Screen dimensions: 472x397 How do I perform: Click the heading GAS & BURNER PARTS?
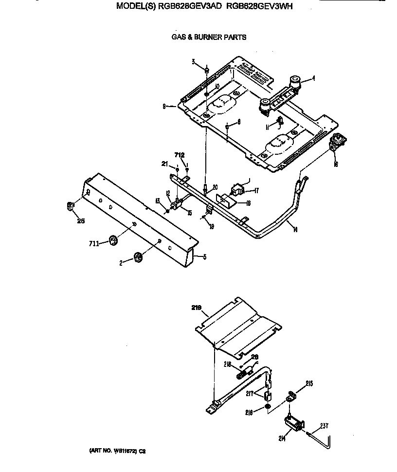(x=209, y=37)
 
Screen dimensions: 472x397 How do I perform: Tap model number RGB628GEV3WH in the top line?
(x=260, y=7)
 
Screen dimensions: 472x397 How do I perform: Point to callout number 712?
(x=180, y=155)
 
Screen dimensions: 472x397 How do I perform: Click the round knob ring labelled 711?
(x=113, y=240)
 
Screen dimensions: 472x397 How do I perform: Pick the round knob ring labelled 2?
(x=138, y=257)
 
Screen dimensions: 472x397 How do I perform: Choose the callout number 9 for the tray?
(x=165, y=106)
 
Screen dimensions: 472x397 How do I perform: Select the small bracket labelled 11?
(x=279, y=121)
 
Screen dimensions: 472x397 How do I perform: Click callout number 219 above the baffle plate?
(x=197, y=308)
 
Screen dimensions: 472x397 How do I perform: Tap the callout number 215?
(x=309, y=383)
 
